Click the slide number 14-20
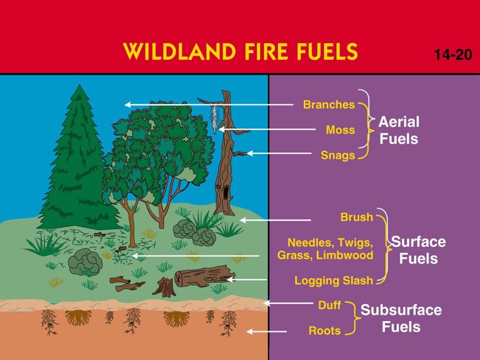pyautogui.click(x=453, y=55)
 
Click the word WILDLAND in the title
pyautogui.click(x=179, y=51)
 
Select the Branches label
pyautogui.click(x=329, y=104)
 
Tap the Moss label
pyautogui.click(x=340, y=130)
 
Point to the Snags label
pyautogui.click(x=338, y=155)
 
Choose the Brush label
pyautogui.click(x=357, y=217)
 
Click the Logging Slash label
pyautogui.click(x=333, y=280)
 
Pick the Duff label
pyautogui.click(x=329, y=305)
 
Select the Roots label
pyautogui.click(x=325, y=330)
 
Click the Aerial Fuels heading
pyautogui.click(x=399, y=130)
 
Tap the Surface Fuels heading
pyautogui.click(x=418, y=250)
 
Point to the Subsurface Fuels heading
pyautogui.click(x=401, y=318)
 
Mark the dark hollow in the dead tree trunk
pyautogui.click(x=225, y=192)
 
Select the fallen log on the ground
pyautogui.click(x=204, y=276)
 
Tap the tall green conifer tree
pyautogui.click(x=79, y=159)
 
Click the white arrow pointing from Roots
pyautogui.click(x=266, y=331)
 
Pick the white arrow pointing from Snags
pyautogui.click(x=279, y=153)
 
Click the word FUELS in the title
pyautogui.click(x=327, y=51)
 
